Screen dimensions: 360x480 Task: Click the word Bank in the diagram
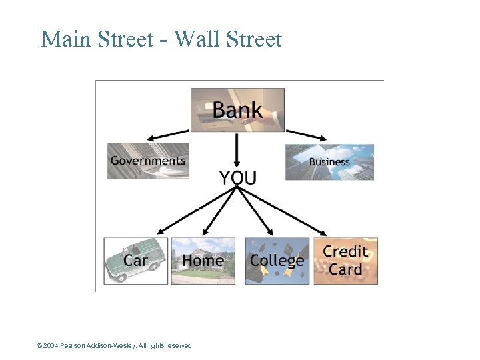(x=237, y=110)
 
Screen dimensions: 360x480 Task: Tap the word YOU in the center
(x=237, y=177)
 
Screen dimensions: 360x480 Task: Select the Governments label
(x=148, y=161)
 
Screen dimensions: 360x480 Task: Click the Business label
(x=329, y=162)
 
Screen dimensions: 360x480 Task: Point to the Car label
(x=135, y=261)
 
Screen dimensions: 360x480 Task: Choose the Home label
(x=203, y=261)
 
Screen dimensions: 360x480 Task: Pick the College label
(x=277, y=261)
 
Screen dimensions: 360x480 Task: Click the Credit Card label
(x=345, y=261)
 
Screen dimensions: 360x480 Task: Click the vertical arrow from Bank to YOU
(x=237, y=150)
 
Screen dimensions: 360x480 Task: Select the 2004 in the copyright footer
(x=51, y=346)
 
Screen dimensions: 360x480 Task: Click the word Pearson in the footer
(x=74, y=346)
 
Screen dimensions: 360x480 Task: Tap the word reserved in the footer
(x=177, y=346)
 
